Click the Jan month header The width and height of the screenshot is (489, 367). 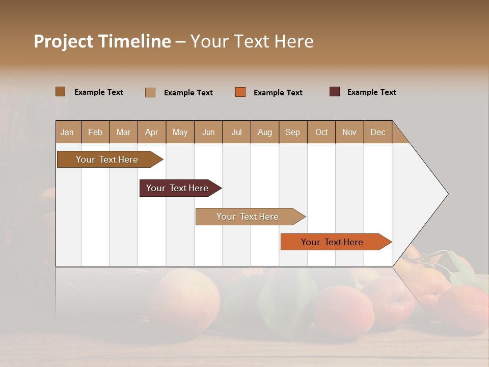pos(68,132)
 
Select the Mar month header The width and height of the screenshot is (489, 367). pos(123,132)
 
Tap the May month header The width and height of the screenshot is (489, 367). pos(180,132)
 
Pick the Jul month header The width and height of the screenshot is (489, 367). pos(236,132)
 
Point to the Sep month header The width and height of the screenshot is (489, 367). pos(292,132)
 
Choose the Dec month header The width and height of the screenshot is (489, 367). pos(377,132)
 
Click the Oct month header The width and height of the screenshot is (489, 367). pos(321,132)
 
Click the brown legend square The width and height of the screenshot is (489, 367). pos(60,92)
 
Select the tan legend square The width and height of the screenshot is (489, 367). pos(150,92)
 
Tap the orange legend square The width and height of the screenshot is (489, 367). pos(240,92)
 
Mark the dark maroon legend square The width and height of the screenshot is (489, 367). pos(334,92)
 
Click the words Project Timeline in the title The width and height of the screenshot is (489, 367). pos(102,41)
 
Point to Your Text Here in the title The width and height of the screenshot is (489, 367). pos(252,41)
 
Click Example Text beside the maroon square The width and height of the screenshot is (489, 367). pos(371,92)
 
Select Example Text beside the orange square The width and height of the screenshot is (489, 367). pos(278,93)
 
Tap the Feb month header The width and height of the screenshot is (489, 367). pos(95,132)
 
